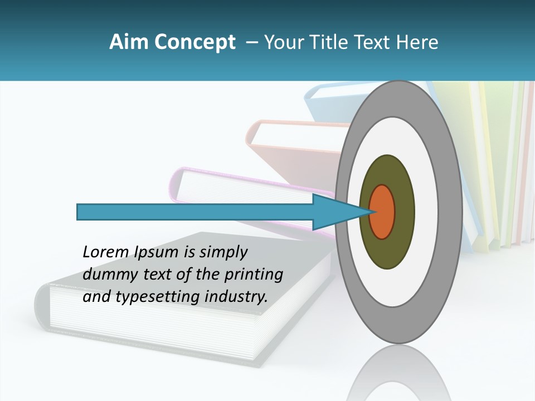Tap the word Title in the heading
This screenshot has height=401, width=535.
tap(335, 42)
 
